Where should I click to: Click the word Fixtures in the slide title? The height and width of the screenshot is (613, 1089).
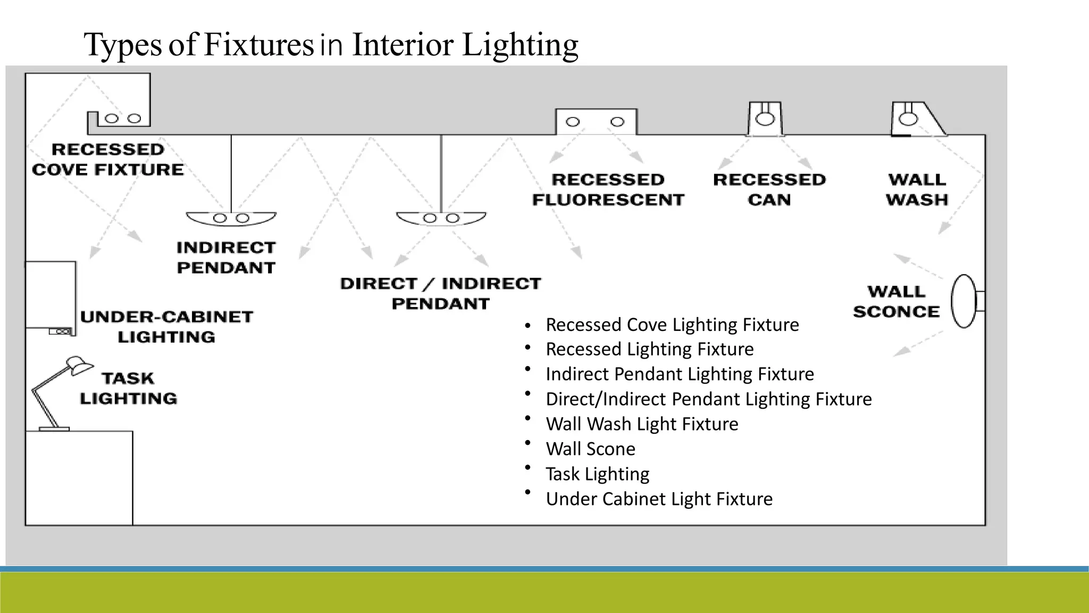pos(258,45)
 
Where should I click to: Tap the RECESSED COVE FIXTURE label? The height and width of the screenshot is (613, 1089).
pos(108,160)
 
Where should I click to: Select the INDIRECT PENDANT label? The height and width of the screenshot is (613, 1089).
pos(226,258)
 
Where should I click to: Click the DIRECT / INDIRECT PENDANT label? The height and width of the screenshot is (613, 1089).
pos(440,293)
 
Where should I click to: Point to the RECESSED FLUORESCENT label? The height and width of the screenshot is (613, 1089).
pos(608,189)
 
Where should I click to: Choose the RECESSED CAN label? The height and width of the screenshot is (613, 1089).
pos(769,189)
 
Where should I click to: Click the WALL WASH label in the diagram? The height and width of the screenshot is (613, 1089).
pos(917,189)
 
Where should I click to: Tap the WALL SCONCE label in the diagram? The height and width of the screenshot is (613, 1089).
pos(897,301)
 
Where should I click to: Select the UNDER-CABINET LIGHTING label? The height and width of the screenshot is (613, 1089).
pos(166,327)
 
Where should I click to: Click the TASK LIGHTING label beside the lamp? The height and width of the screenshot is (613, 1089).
pos(128,388)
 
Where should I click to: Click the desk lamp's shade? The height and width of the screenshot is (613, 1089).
pos(78,366)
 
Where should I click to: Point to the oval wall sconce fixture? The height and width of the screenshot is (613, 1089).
pos(964,301)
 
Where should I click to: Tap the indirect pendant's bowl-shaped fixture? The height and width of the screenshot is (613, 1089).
pos(231,218)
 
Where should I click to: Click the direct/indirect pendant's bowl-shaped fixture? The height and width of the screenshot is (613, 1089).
pos(441,218)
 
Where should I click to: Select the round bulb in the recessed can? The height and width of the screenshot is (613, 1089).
pos(765,119)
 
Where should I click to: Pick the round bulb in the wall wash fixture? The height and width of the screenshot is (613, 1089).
pos(908,118)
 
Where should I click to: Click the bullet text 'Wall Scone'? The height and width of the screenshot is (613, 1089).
pos(590,449)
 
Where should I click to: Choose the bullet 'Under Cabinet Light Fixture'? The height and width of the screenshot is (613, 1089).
pos(659,499)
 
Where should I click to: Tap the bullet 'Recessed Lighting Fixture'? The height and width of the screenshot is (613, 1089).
pos(649,350)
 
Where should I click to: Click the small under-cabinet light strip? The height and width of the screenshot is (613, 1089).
pos(60,332)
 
